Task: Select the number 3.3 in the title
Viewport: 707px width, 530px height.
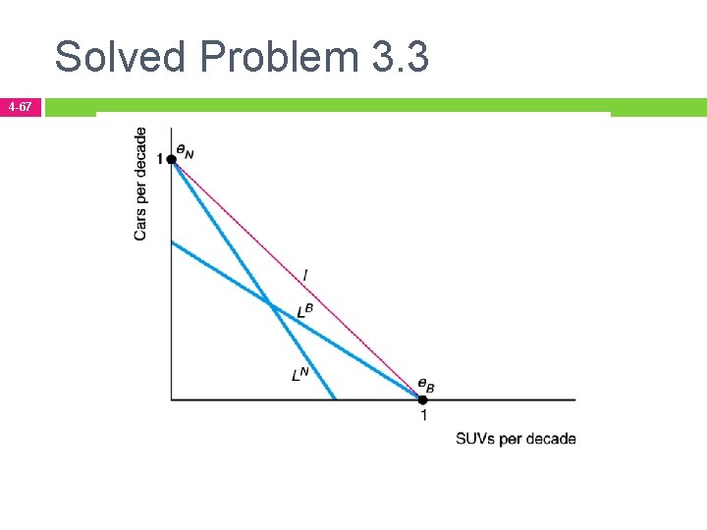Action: [x=400, y=57]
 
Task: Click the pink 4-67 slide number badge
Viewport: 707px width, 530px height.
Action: [x=21, y=106]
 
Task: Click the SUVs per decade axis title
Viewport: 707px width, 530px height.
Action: [x=516, y=439]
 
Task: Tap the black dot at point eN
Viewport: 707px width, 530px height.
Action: [x=172, y=159]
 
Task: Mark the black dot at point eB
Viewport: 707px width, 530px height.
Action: [x=423, y=398]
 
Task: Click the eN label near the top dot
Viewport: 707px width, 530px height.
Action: [x=185, y=150]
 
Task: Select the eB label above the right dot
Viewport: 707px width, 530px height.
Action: [x=425, y=386]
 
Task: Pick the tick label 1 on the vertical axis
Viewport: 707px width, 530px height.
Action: [x=160, y=159]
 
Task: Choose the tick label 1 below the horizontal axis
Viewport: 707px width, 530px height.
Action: [x=423, y=415]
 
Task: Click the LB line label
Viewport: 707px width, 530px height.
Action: [x=305, y=311]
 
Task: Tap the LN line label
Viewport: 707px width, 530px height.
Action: [x=300, y=373]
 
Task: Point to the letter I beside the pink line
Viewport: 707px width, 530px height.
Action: [x=305, y=278]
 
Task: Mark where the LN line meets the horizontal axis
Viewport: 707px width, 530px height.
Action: [x=336, y=398]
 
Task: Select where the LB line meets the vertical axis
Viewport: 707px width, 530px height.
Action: [x=172, y=241]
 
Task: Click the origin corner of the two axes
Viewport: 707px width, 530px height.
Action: [x=172, y=398]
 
